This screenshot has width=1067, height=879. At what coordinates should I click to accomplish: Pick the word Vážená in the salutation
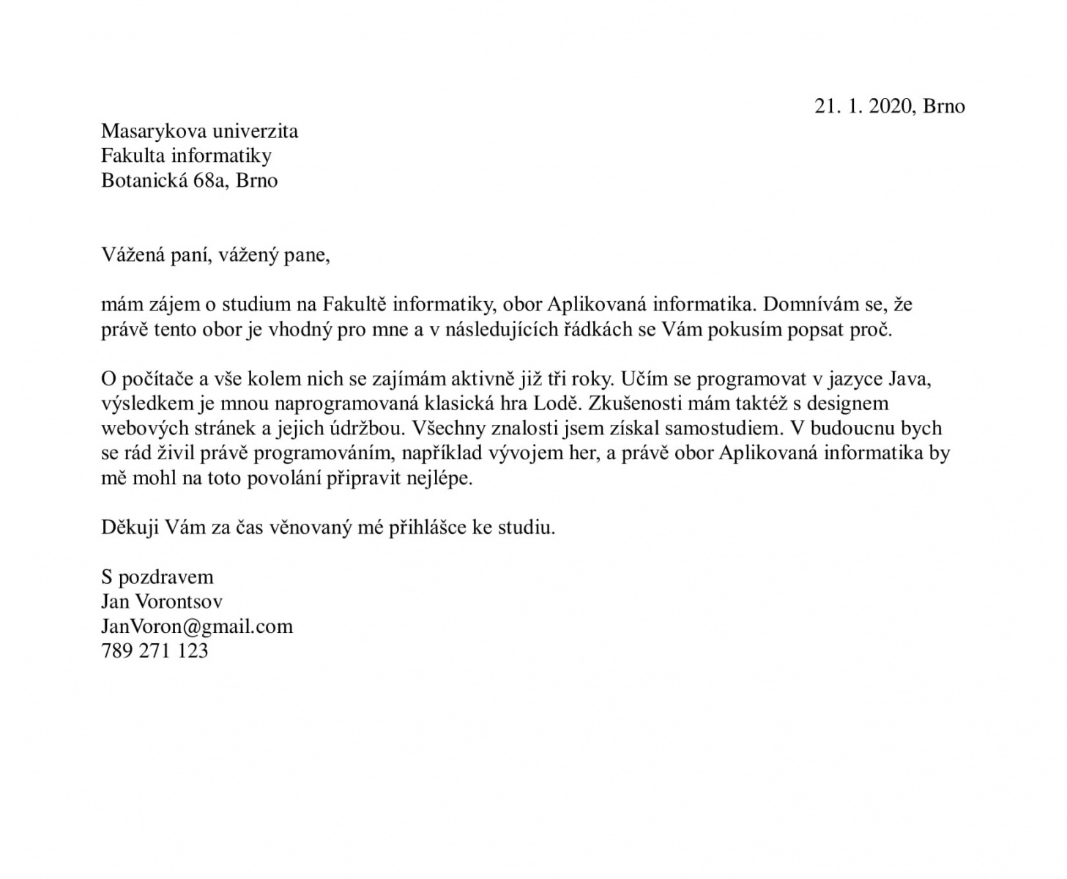[x=129, y=256]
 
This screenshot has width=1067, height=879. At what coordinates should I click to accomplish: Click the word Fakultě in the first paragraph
[x=355, y=305]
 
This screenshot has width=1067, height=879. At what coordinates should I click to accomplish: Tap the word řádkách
[x=592, y=330]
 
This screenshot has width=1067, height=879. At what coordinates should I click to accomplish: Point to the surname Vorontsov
[x=177, y=602]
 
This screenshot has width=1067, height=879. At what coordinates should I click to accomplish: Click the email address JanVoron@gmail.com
[x=197, y=627]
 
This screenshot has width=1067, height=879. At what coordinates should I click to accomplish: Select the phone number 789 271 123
[x=155, y=651]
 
